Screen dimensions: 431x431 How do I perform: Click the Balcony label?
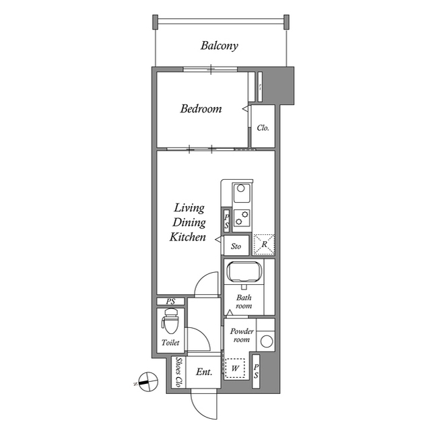(x=220, y=46)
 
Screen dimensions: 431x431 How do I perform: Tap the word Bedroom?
(x=201, y=108)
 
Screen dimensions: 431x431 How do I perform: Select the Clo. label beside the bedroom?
(x=263, y=127)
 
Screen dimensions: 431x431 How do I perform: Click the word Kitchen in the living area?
(x=187, y=237)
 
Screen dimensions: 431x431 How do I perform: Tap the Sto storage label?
(x=236, y=246)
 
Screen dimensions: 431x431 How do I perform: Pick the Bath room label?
(x=243, y=301)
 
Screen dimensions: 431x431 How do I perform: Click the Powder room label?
(x=241, y=335)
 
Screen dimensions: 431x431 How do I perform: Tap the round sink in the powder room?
(x=267, y=341)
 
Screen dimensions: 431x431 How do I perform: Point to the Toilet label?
(x=170, y=343)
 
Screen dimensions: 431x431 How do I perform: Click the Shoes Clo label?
(x=178, y=372)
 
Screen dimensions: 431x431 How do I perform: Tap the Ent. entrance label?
(x=203, y=372)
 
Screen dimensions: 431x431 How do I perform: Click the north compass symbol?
(x=143, y=381)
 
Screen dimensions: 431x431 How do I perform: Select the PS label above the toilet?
(x=171, y=301)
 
